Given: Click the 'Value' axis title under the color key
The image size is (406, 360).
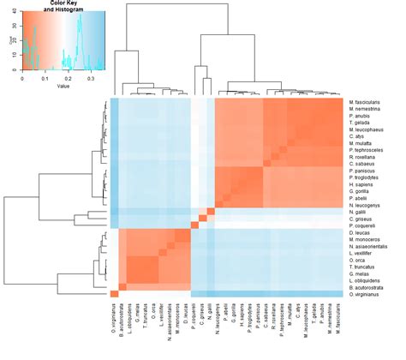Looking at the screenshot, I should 62,85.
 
